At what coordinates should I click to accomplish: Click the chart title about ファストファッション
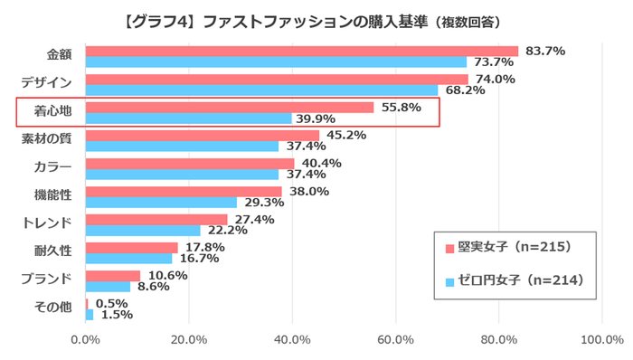coord(316,19)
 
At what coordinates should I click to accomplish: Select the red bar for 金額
coord(301,52)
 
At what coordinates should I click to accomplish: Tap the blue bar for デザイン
coord(261,90)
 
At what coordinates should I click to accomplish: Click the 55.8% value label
coord(400,108)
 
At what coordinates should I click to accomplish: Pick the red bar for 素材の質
coord(203,136)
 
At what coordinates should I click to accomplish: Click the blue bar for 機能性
coord(161,203)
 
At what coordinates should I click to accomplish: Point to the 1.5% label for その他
coord(115,315)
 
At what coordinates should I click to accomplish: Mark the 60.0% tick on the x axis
coord(395,340)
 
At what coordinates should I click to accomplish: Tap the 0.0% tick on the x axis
coord(85,340)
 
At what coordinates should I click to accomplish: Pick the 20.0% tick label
coord(188,340)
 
